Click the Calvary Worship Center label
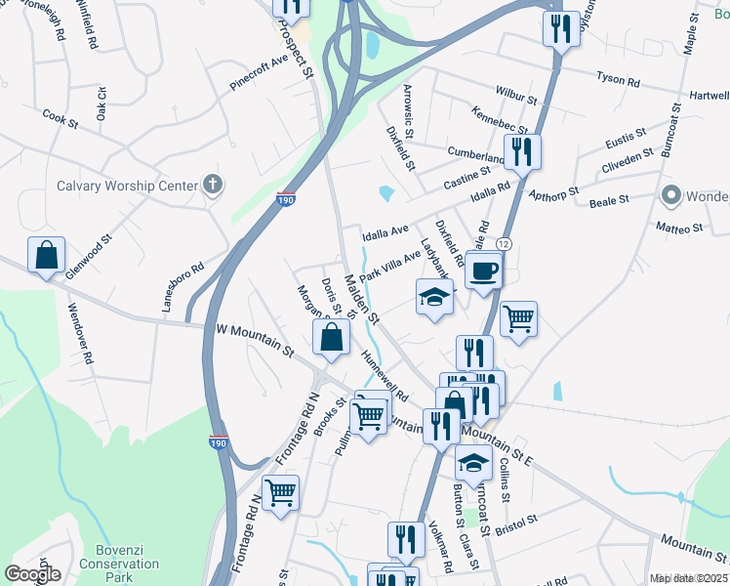(x=126, y=185)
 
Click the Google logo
(x=32, y=574)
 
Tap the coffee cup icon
(x=483, y=270)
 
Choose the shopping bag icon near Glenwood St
(x=46, y=256)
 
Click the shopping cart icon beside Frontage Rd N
(x=280, y=492)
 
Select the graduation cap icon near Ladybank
(x=435, y=297)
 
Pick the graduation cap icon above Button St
(x=473, y=463)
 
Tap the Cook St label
(x=60, y=118)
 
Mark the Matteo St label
(x=679, y=228)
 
